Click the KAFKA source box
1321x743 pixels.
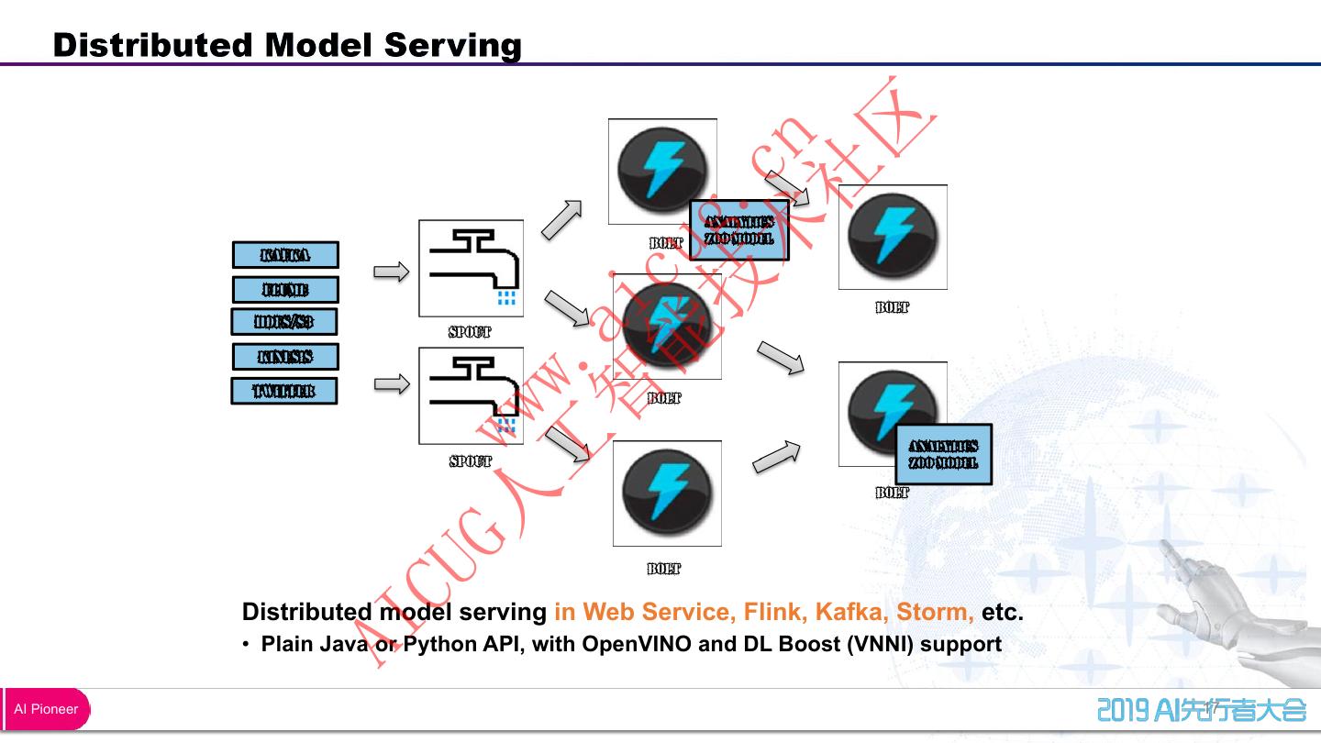coord(285,255)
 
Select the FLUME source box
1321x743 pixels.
coord(285,290)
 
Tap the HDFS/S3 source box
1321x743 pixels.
coord(283,322)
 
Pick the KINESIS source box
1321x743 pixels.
coord(285,357)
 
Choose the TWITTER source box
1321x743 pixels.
coord(283,391)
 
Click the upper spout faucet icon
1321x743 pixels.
coord(472,268)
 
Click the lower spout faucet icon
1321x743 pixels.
coord(472,395)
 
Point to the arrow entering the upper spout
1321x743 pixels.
coord(392,272)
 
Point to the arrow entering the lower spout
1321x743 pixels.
coord(392,384)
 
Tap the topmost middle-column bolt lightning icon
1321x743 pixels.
coord(661,171)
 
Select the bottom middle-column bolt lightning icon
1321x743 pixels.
coord(667,493)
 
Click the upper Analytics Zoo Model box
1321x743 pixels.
coord(738,230)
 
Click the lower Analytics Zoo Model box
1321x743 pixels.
coord(943,454)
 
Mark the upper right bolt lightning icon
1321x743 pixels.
coord(893,237)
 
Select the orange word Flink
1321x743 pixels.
coord(774,611)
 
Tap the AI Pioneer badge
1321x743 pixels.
coord(46,709)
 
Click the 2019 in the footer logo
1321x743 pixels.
coord(1123,710)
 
